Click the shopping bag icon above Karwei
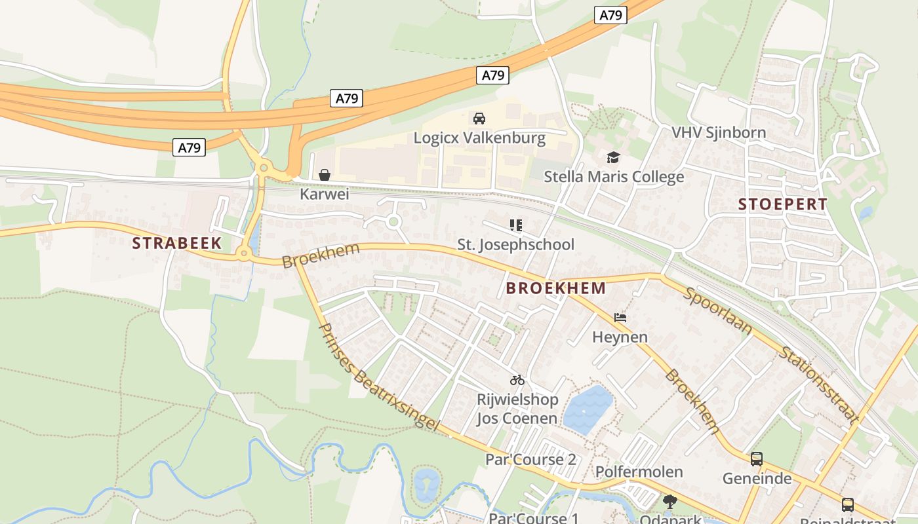[324, 175]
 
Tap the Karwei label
[324, 195]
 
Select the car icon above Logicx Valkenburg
[479, 119]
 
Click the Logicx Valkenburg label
[479, 138]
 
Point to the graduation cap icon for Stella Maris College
[613, 157]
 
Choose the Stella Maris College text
[614, 177]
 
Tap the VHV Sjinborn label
[719, 133]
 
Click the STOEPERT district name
[783, 204]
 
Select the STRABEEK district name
[176, 244]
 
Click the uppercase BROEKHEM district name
[555, 288]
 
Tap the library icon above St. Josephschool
[516, 225]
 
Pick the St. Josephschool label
[516, 245]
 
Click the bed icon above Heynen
[620, 318]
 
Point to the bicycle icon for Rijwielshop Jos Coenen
[517, 380]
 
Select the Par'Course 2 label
[530, 460]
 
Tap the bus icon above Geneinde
[757, 459]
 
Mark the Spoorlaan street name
[717, 311]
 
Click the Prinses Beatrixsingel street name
[378, 377]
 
